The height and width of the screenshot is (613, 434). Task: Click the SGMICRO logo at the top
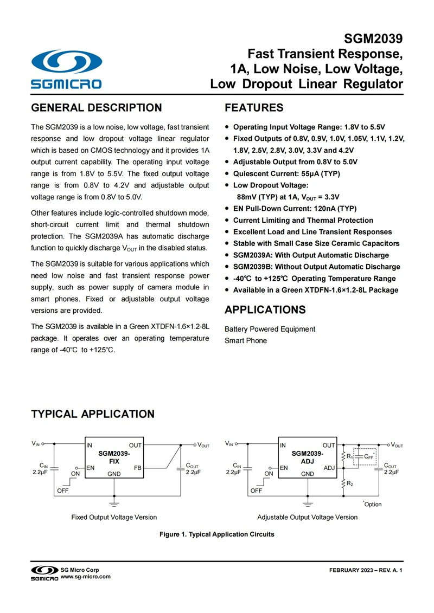pos(66,69)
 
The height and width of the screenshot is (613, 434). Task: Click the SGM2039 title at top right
pos(373,39)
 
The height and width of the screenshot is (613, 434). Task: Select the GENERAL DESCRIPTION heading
pos(96,108)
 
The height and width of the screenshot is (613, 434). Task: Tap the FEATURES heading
pos(254,108)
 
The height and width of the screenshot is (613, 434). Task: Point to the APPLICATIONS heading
pos(265,310)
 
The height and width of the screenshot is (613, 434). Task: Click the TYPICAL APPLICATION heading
pos(93,414)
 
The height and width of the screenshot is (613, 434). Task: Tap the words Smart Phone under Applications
pos(246,341)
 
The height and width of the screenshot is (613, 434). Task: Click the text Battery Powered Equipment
pos(270,329)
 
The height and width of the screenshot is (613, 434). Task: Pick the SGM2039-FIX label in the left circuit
pos(114,456)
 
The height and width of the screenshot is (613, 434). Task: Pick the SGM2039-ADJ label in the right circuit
pos(308,456)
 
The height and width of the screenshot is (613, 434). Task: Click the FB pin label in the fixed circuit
pos(137,467)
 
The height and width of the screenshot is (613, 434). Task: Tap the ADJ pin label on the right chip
pos(329,467)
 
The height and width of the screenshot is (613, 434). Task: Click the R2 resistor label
pos(350,483)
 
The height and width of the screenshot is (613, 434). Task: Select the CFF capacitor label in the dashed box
pos(368,457)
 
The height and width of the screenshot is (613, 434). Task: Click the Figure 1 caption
pos(216,534)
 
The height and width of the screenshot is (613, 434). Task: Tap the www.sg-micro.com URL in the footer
pos(85,577)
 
